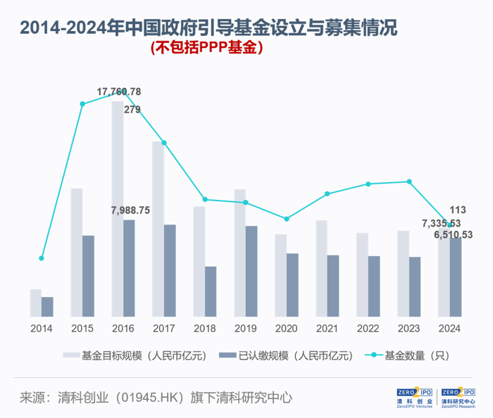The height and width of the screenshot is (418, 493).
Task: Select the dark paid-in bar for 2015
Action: click(x=88, y=275)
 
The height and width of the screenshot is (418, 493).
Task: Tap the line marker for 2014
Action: click(x=42, y=258)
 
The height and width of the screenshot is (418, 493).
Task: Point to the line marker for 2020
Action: click(x=286, y=219)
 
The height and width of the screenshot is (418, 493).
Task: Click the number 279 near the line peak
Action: click(x=132, y=109)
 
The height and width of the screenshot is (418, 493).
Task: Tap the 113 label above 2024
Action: click(x=458, y=210)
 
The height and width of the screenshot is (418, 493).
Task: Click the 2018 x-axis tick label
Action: click(x=204, y=329)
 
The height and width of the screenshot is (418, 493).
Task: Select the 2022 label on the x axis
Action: click(x=368, y=329)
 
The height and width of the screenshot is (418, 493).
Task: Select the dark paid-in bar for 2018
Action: click(x=211, y=291)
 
